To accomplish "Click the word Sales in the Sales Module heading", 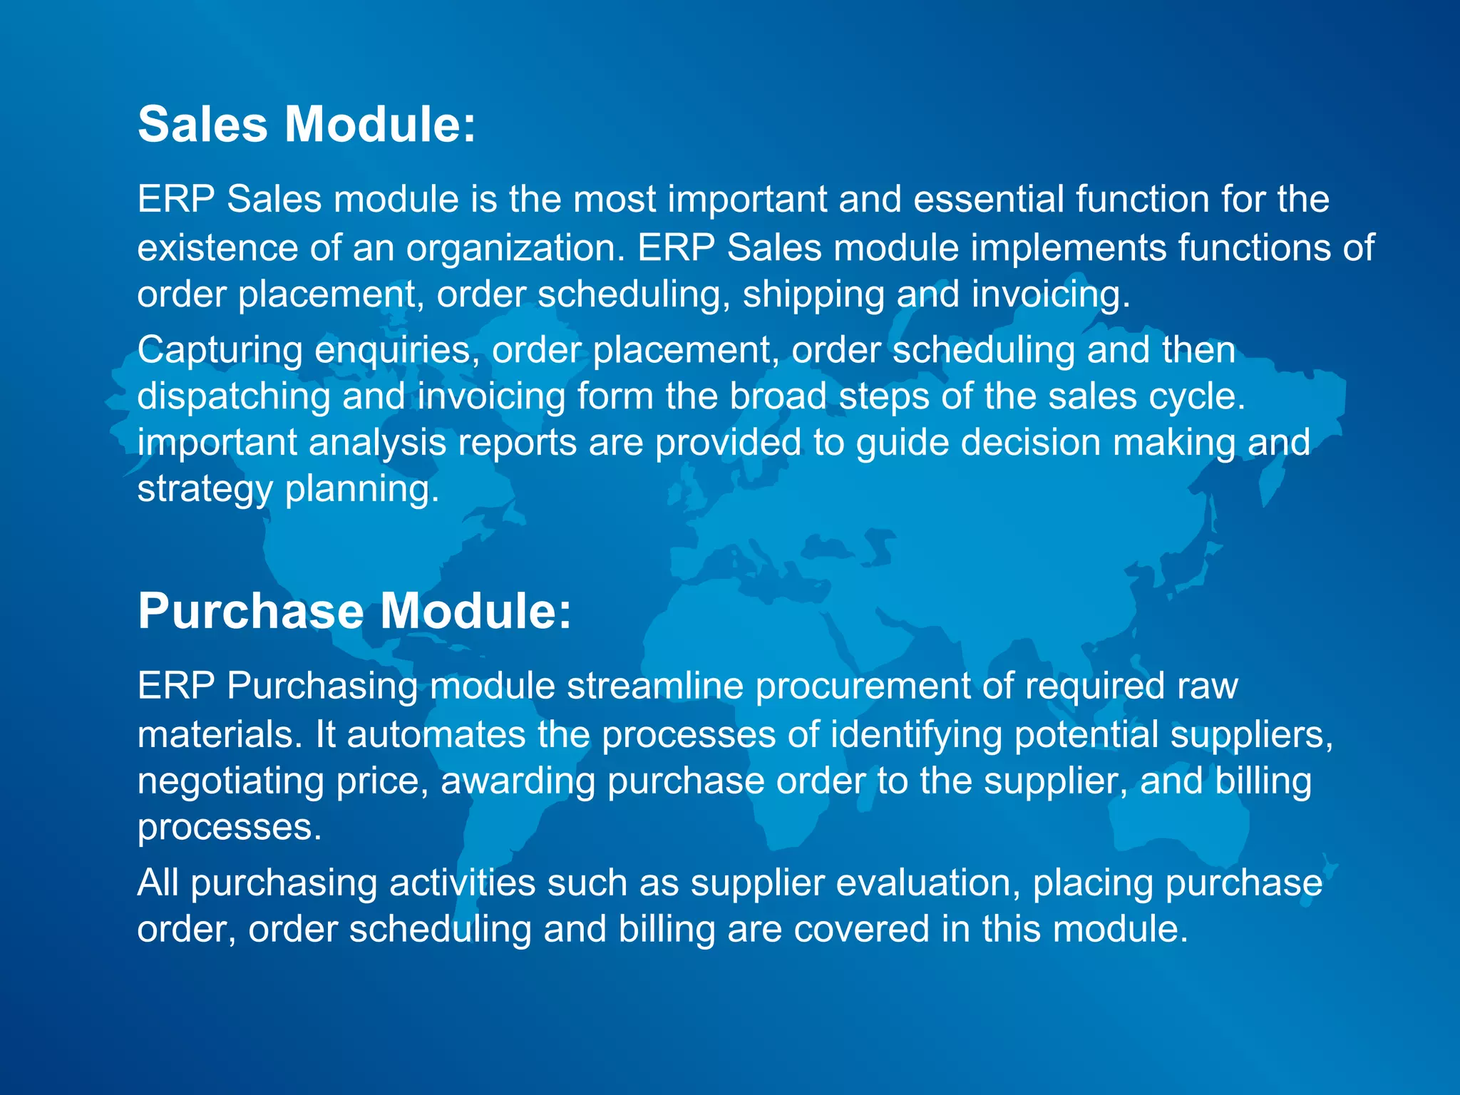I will pyautogui.click(x=202, y=125).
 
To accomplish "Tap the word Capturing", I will pyautogui.click(x=220, y=351).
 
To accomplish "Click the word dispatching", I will pyautogui.click(x=234, y=396).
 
